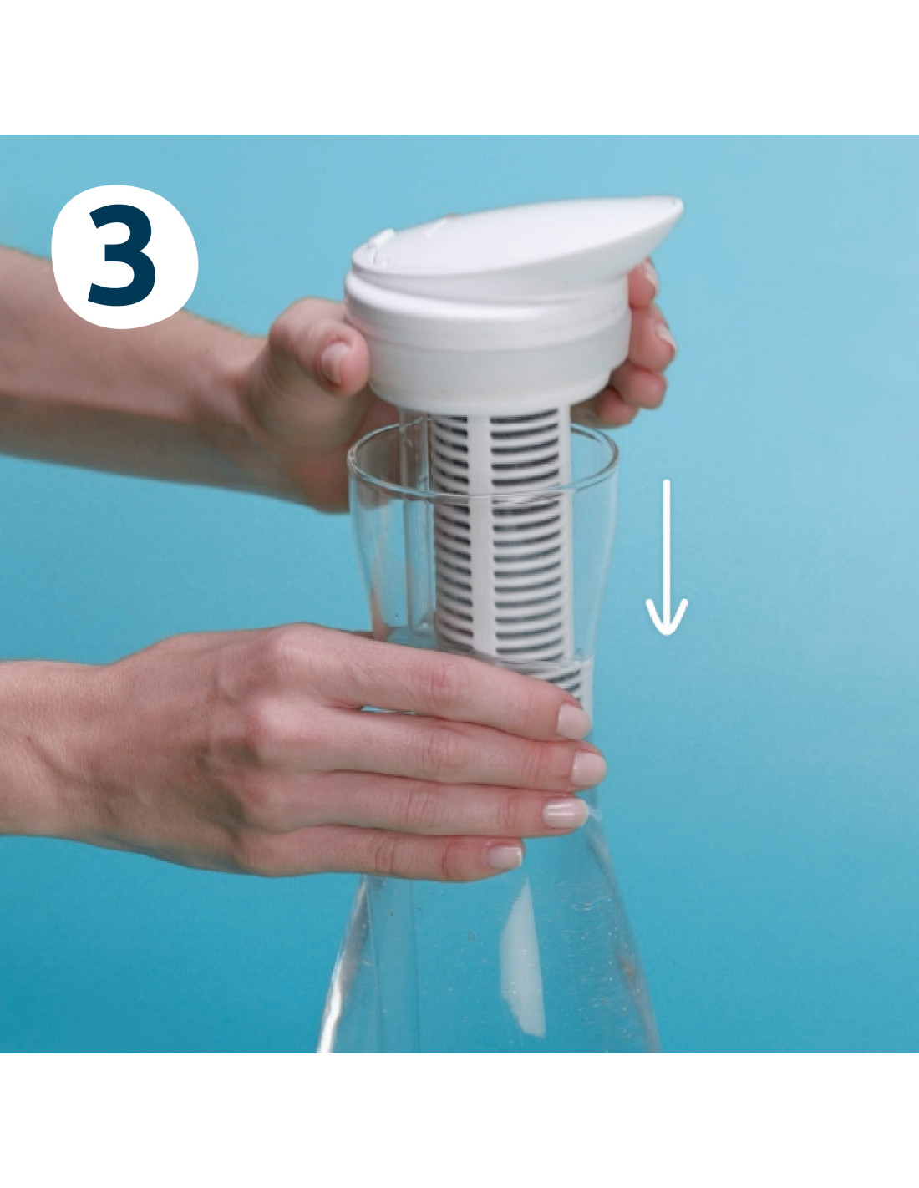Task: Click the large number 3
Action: (124, 256)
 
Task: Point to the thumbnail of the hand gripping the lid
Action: (333, 361)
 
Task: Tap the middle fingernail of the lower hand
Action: (588, 769)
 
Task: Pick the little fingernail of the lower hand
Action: (504, 857)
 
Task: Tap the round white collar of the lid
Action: (486, 350)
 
